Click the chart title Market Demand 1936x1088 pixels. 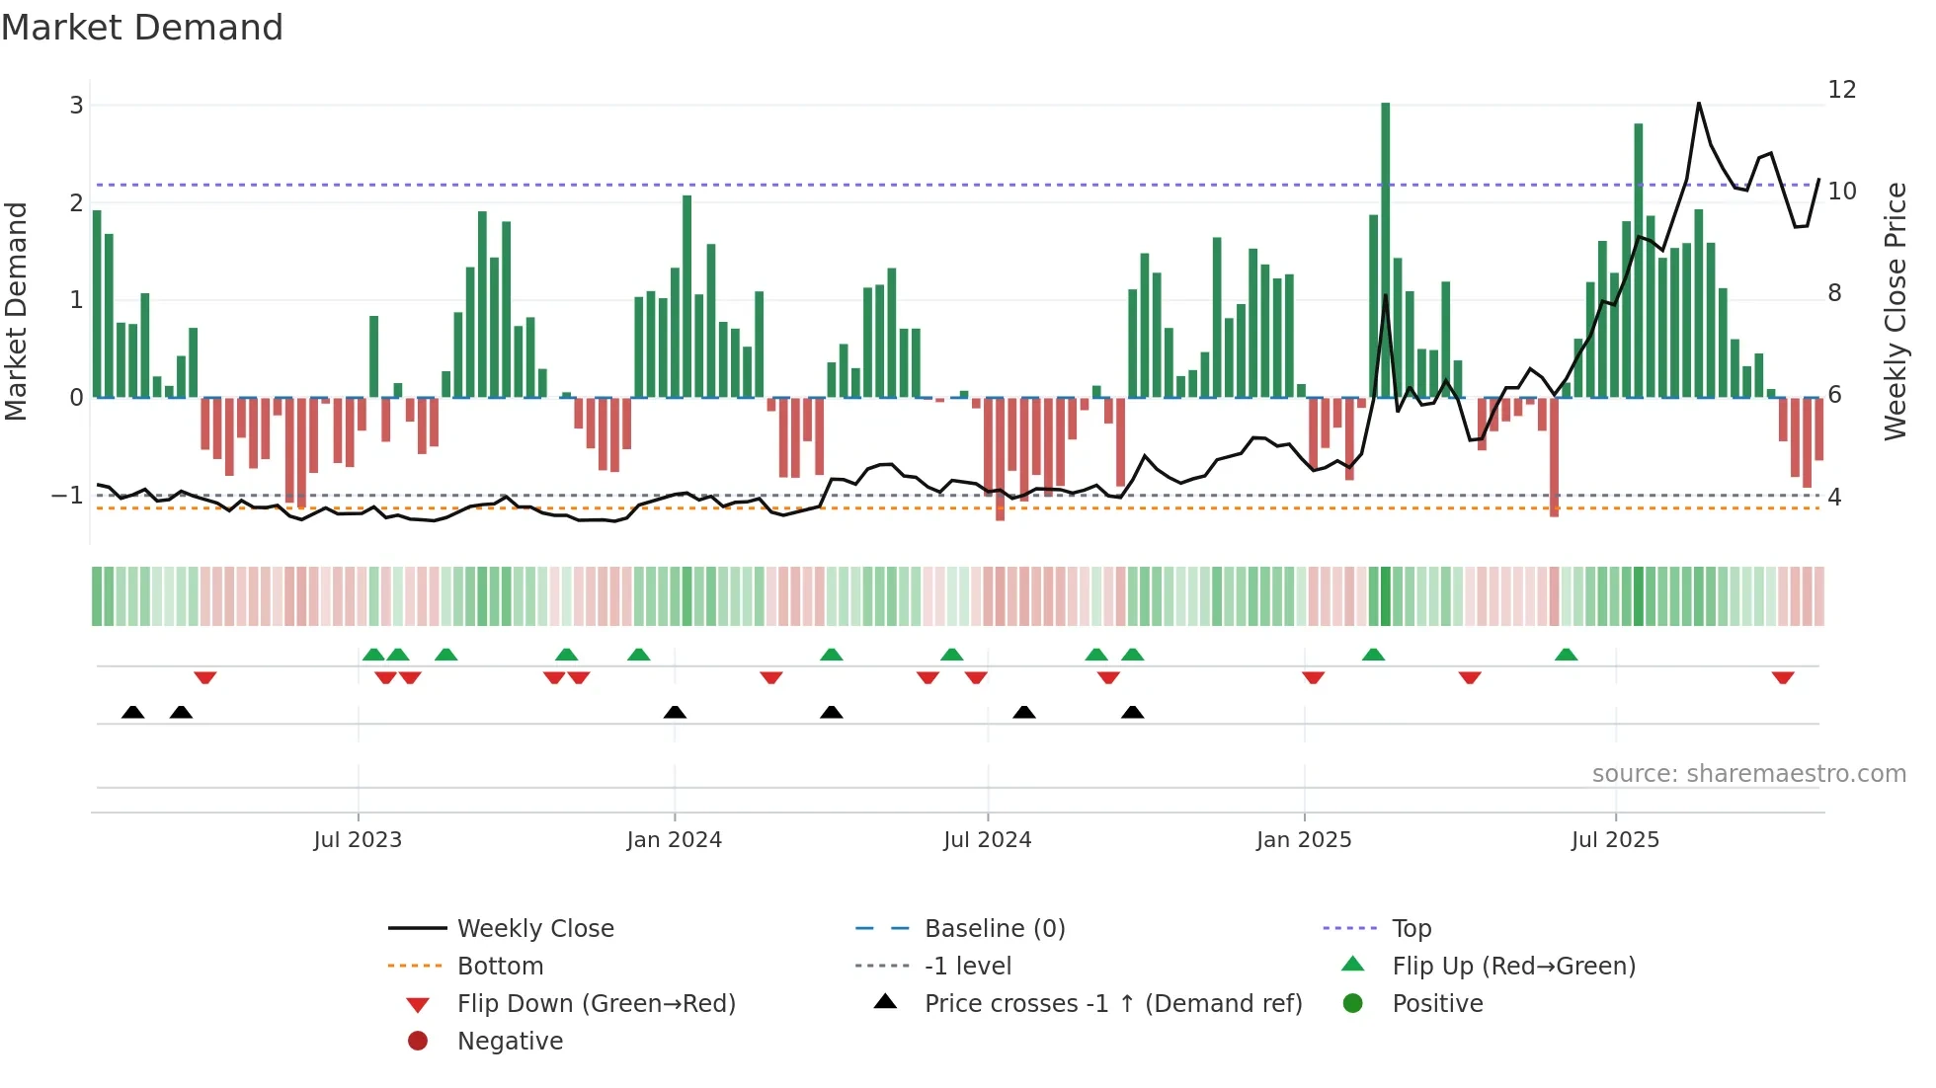(142, 28)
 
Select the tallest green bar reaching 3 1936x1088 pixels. (1385, 247)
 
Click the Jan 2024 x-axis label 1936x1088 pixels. (675, 840)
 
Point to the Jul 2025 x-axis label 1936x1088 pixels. (1615, 840)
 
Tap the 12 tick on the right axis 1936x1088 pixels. (1842, 90)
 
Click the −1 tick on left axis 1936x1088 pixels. (68, 495)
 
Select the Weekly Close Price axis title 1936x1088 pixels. (1895, 311)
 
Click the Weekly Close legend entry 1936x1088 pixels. (535, 929)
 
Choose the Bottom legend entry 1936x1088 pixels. (500, 967)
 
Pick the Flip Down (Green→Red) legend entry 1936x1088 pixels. (596, 1004)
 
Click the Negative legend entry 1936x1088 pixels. (510, 1042)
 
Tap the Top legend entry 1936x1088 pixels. (1412, 929)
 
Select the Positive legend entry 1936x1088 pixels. (1437, 1004)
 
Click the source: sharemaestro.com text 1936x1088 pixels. (1748, 774)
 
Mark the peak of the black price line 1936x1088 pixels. (1699, 103)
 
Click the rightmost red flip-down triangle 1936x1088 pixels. (1783, 677)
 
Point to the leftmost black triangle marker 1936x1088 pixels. (132, 712)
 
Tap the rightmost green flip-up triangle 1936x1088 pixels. (1566, 655)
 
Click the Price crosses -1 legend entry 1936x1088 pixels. (1112, 1004)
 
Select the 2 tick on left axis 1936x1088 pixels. (76, 202)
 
